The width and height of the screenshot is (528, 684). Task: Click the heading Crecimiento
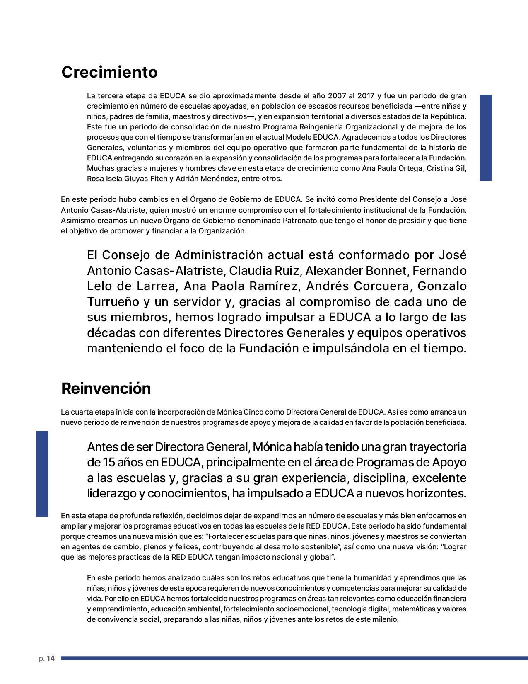pos(109,72)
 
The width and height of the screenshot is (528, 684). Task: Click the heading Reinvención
pos(106,388)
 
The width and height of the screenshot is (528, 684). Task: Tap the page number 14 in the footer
pos(51,658)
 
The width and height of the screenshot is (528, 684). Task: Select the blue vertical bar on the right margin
pos(485,137)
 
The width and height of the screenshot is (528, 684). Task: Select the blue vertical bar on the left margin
pos(42,473)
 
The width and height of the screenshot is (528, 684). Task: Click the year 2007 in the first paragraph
pos(336,96)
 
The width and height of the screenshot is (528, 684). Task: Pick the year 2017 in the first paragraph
pos(365,96)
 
